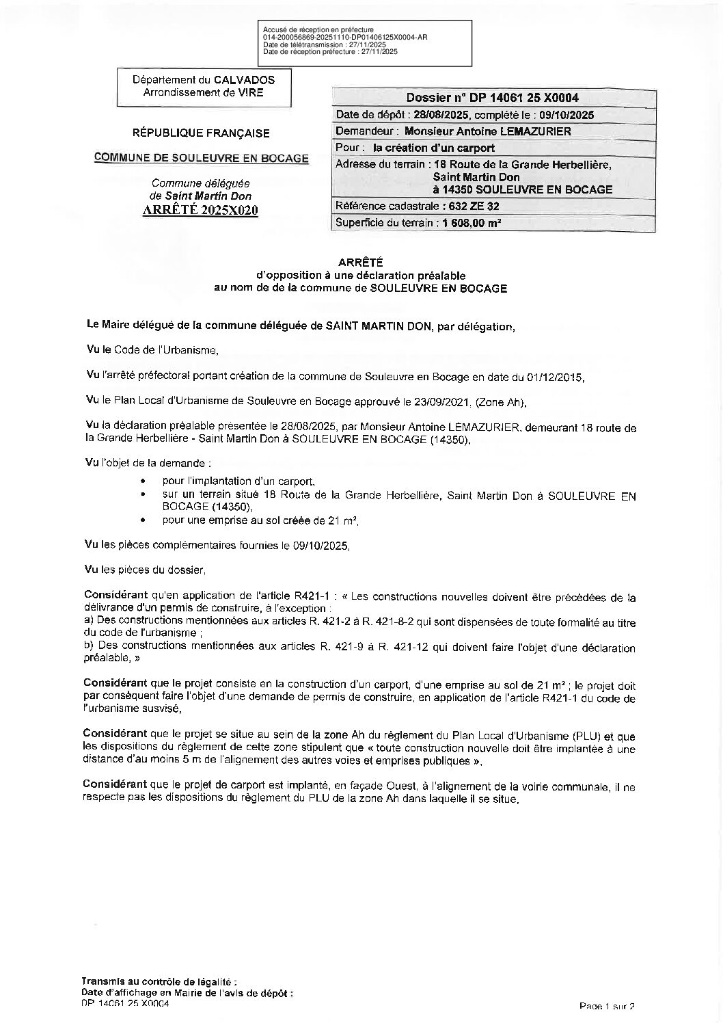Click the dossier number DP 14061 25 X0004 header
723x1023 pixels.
pyautogui.click(x=491, y=98)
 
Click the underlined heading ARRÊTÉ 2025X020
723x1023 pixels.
pyautogui.click(x=200, y=210)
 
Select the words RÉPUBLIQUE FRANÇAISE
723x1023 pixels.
pyautogui.click(x=201, y=133)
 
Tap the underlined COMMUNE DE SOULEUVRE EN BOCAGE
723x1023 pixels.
pyautogui.click(x=201, y=158)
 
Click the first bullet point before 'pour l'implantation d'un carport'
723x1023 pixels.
pyautogui.click(x=141, y=481)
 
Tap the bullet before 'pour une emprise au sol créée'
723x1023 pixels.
pyautogui.click(x=141, y=520)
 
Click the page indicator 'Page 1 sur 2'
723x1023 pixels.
pyautogui.click(x=607, y=1006)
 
